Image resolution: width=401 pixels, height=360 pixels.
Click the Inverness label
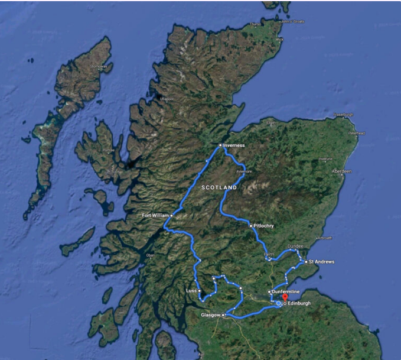[x=234, y=145]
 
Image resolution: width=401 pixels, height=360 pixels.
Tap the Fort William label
[x=155, y=215]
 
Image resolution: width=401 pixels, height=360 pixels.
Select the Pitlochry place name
[x=264, y=226]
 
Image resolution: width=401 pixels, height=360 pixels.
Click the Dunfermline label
[x=288, y=291]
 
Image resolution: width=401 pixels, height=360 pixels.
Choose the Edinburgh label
[x=299, y=304]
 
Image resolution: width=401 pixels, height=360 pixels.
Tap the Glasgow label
[x=210, y=316]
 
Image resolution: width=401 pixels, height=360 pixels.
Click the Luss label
[x=191, y=291]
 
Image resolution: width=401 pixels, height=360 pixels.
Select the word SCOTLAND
[x=219, y=187]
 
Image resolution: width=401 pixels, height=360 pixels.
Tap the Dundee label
[x=295, y=246]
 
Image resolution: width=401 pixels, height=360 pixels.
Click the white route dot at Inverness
[x=220, y=145]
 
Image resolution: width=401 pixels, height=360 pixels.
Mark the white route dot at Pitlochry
[x=250, y=226]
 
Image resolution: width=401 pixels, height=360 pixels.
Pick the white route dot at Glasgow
[x=223, y=316]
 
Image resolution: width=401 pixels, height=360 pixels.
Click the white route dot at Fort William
[x=171, y=215]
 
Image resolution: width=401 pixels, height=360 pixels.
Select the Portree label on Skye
[x=108, y=150]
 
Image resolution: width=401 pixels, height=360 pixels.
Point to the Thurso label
[x=255, y=24]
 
